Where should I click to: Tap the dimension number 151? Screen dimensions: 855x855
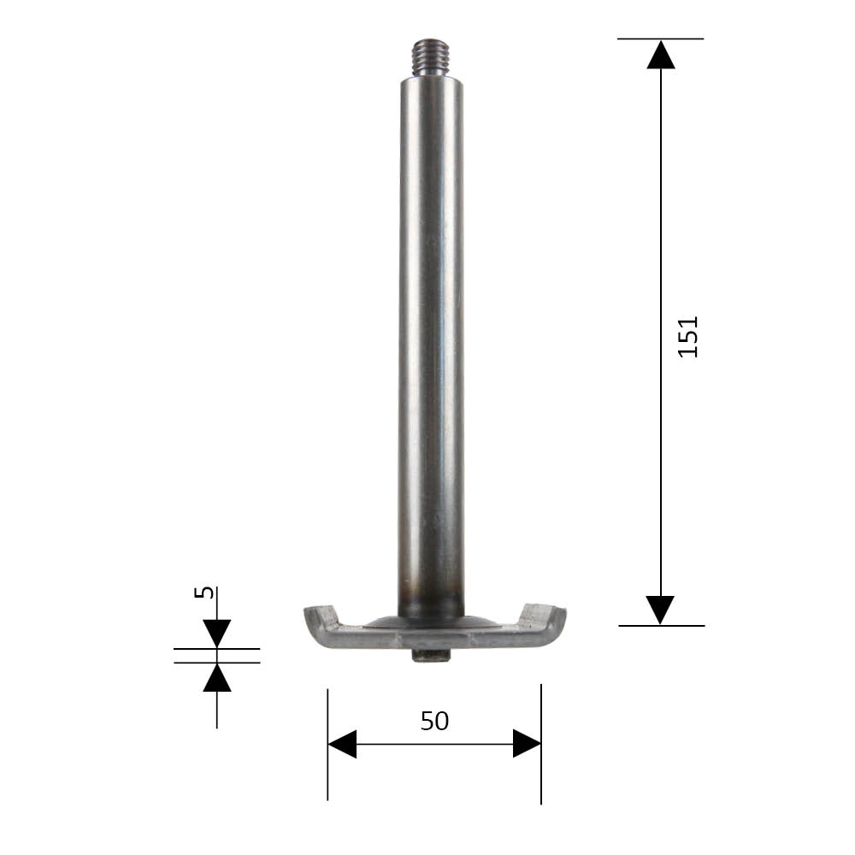687,336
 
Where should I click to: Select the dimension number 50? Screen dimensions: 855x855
434,721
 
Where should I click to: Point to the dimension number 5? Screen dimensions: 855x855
204,592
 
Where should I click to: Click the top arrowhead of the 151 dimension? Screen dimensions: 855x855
661,54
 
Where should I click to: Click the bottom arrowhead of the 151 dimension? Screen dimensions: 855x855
660,610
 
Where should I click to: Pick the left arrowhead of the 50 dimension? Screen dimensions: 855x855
343,744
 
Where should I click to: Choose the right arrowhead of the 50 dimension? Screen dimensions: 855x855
527,744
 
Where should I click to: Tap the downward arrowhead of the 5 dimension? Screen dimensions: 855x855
217,634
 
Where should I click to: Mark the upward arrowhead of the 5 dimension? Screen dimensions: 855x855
217,677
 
